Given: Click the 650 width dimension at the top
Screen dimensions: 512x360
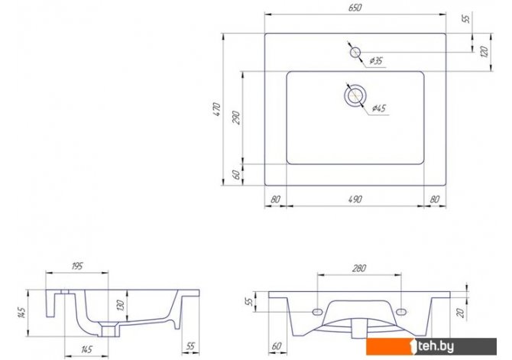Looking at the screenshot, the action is coord(355,8).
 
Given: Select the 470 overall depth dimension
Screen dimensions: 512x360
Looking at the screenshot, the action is coord(217,109).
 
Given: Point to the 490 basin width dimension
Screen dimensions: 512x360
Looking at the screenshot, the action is coord(355,199).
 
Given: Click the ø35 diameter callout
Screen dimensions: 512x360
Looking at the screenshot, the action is coord(376,60).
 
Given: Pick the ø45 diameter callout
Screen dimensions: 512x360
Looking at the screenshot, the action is coord(379,108).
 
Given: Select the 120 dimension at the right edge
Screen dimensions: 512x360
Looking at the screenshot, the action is coord(484,52).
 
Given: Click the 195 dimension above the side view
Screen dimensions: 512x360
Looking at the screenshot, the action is coord(76,266).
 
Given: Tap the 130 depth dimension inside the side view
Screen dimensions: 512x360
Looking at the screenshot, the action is coord(121,305).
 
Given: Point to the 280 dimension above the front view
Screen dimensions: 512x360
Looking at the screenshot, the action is coord(359,268).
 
